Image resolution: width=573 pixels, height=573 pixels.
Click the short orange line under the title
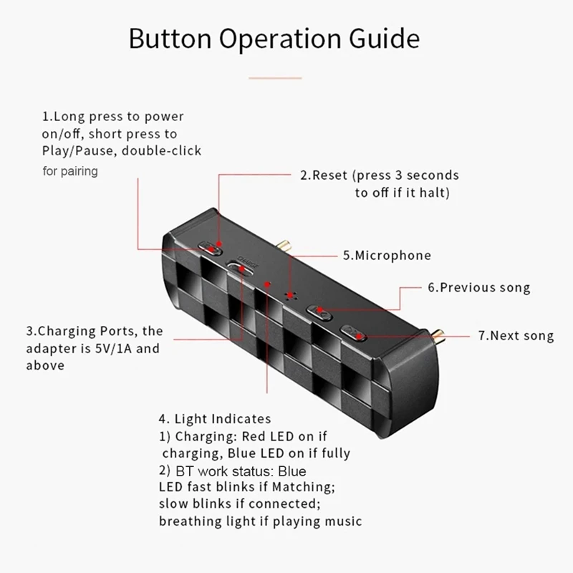click(275, 77)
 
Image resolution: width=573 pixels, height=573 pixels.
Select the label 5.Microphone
click(387, 255)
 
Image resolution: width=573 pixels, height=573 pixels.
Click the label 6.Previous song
click(478, 287)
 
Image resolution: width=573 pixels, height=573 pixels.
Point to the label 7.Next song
click(516, 335)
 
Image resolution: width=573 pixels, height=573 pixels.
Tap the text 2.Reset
click(324, 175)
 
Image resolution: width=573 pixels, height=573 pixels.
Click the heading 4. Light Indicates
click(215, 418)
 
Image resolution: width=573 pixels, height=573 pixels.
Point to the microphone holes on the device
click(290, 294)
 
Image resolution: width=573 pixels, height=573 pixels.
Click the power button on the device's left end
click(211, 248)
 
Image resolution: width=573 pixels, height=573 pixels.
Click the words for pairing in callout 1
click(70, 171)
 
